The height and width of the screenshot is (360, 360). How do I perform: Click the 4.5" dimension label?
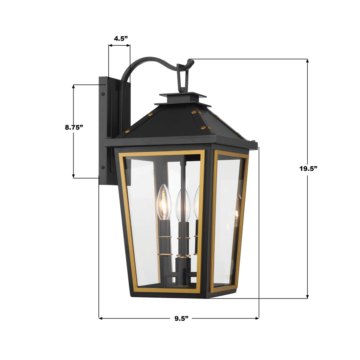(x=119, y=39)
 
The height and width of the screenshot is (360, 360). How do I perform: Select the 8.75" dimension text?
(x=74, y=127)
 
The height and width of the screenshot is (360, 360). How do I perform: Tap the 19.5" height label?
(x=308, y=168)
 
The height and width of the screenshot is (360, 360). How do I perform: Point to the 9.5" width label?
(x=181, y=319)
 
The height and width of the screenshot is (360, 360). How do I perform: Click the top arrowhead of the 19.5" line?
(x=307, y=61)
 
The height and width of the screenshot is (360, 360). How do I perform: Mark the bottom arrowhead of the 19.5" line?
(x=307, y=297)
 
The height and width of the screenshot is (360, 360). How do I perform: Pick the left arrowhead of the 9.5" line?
(x=101, y=319)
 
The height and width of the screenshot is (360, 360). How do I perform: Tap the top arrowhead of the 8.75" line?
(x=73, y=86)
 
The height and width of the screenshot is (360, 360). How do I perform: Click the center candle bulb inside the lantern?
(x=183, y=206)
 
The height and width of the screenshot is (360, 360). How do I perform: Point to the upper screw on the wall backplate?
(x=103, y=94)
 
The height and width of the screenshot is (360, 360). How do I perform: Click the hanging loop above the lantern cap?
(x=183, y=78)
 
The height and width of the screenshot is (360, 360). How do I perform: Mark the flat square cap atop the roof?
(x=182, y=95)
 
